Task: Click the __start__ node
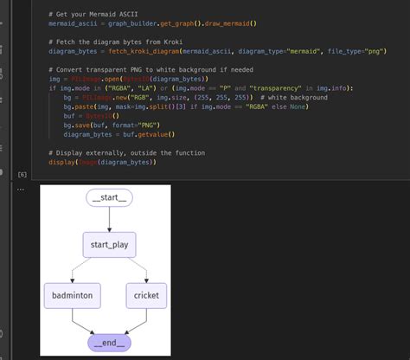[x=110, y=198]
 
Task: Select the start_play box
[x=110, y=245]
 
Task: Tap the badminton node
[x=73, y=295]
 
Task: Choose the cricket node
[x=146, y=295]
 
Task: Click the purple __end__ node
[x=110, y=343]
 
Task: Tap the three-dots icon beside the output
[x=22, y=189]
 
